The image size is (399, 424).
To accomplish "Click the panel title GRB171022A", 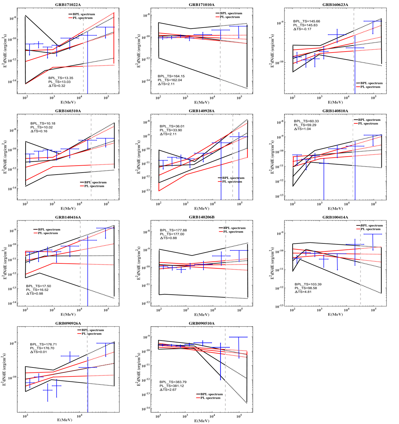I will point(69,4).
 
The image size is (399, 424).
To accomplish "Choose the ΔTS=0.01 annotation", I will point(38,352).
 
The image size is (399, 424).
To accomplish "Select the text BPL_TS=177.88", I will point(173,230).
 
